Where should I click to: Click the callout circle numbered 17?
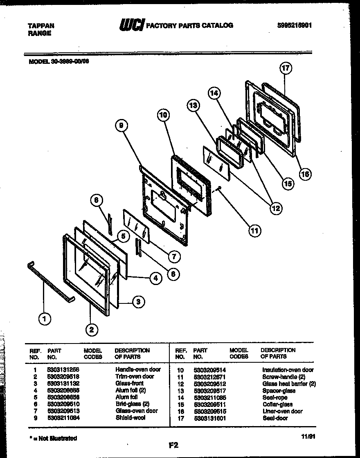pos(286,68)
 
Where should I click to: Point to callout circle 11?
pos(254,231)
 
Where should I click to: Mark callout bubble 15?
pos(288,184)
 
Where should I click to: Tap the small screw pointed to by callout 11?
pos(220,189)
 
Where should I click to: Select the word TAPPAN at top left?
pos(41,25)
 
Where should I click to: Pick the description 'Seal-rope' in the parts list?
pos(275,397)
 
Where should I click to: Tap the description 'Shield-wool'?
pos(130,418)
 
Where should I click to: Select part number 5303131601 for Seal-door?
pos(209,418)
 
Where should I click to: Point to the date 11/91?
pos(307,437)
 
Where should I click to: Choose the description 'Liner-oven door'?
pos(282,411)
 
